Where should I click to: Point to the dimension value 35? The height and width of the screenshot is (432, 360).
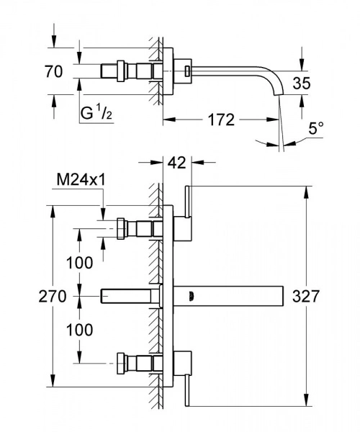[302, 84]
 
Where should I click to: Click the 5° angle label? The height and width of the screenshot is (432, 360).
[316, 130]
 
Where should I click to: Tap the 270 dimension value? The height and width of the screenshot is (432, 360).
[53, 295]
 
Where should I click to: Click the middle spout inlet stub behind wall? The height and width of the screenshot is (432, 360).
[130, 295]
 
